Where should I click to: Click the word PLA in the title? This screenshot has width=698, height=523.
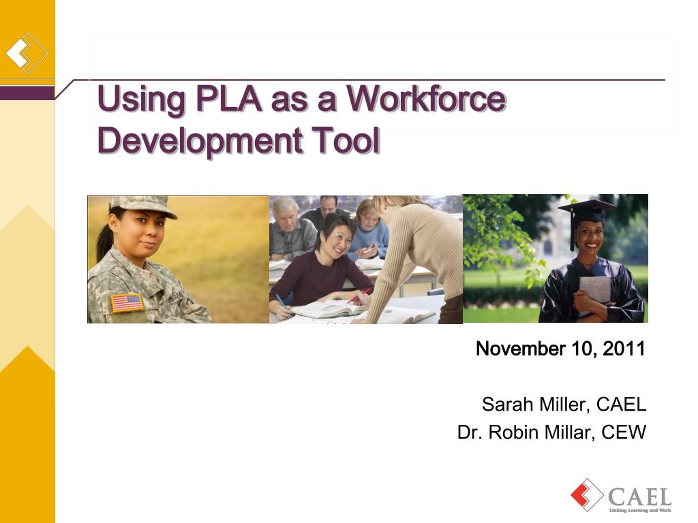(229, 98)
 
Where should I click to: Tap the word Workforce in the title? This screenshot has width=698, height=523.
(427, 98)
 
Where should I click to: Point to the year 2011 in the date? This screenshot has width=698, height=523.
(624, 348)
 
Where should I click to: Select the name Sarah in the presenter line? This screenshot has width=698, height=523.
(507, 405)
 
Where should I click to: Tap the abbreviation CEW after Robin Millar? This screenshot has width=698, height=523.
(624, 432)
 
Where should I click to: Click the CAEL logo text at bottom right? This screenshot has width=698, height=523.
(639, 496)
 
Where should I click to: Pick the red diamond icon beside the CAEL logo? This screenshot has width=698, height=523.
(587, 494)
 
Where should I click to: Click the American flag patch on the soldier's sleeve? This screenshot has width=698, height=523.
(127, 303)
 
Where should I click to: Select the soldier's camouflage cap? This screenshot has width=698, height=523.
(143, 206)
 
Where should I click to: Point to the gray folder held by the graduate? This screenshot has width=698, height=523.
(594, 290)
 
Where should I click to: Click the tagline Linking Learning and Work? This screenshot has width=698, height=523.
(640, 510)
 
